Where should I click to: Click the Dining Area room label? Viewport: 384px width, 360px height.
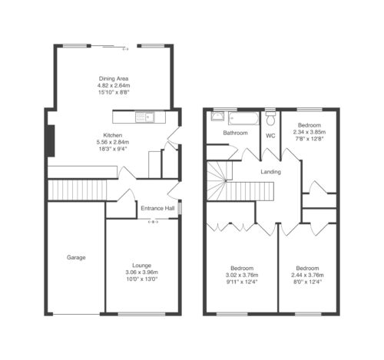click(x=114, y=78)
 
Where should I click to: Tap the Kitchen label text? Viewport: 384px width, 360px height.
click(x=113, y=135)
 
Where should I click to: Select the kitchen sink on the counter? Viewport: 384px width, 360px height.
click(x=145, y=117)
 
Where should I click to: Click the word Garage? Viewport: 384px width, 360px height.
click(x=76, y=257)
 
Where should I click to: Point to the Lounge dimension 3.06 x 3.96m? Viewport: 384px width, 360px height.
click(x=141, y=272)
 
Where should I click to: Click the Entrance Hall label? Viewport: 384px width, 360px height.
click(x=157, y=208)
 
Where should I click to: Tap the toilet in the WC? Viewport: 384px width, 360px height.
click(x=270, y=117)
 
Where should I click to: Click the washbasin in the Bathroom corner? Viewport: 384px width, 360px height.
click(x=217, y=117)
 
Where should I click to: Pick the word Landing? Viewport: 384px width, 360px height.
click(x=270, y=172)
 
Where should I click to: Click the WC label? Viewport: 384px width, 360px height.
click(x=270, y=136)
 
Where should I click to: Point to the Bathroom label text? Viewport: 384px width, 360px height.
click(x=235, y=133)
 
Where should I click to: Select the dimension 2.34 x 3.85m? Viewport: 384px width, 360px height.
click(x=310, y=132)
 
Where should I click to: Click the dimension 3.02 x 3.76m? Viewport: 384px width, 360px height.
click(x=242, y=275)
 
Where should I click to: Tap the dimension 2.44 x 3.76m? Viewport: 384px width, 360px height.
click(x=307, y=275)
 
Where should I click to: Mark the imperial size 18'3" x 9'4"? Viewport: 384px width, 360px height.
click(x=113, y=149)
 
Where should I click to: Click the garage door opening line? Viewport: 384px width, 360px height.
click(x=76, y=314)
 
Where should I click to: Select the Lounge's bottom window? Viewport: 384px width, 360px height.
click(x=141, y=314)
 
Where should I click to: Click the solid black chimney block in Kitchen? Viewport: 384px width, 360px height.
click(x=51, y=140)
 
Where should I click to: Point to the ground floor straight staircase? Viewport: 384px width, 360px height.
click(x=78, y=190)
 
